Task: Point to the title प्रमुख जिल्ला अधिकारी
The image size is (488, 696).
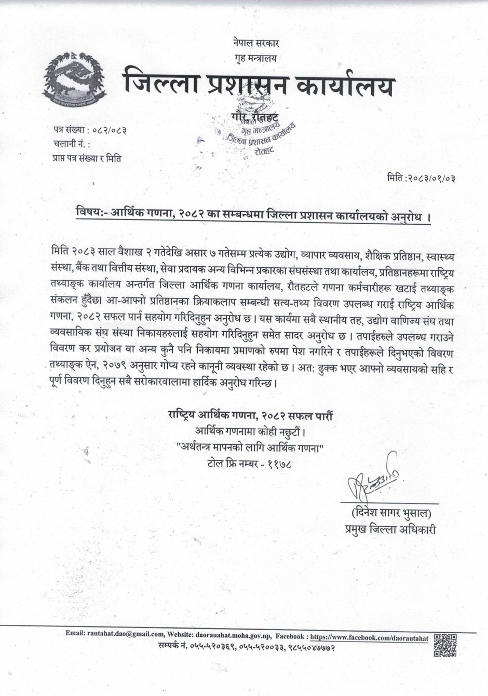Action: tap(390, 530)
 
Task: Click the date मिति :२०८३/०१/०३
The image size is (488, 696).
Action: tap(422, 179)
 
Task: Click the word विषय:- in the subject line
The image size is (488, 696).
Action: tap(91, 213)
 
